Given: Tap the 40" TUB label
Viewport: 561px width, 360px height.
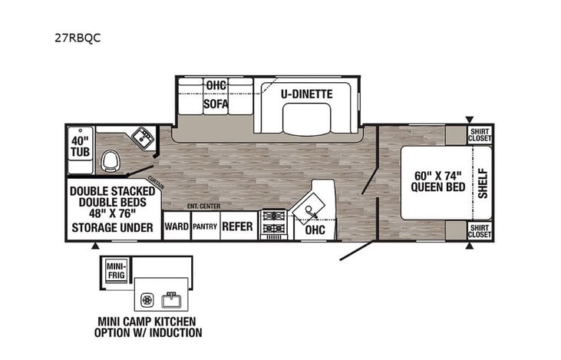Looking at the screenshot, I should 81,147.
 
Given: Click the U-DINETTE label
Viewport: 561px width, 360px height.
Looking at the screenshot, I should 306,94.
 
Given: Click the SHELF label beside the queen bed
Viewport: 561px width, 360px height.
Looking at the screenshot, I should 483,183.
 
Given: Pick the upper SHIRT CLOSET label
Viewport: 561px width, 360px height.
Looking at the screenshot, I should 480,135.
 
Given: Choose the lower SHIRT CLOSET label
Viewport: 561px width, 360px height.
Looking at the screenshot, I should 480,231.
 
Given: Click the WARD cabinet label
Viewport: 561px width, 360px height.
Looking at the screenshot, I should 176,227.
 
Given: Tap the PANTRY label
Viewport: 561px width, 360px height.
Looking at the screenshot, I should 205,227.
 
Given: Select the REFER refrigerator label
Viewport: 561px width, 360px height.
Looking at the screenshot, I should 238,227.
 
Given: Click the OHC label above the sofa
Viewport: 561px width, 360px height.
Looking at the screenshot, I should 215,84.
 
